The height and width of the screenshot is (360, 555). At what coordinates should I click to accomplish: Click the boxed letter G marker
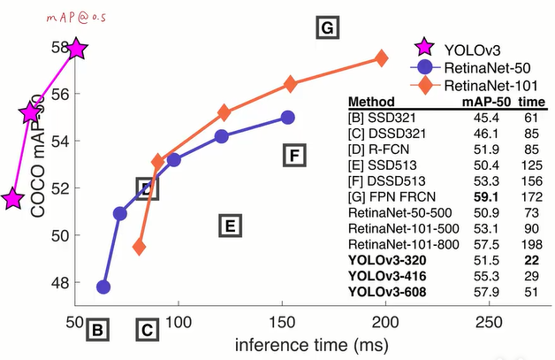pos(327,28)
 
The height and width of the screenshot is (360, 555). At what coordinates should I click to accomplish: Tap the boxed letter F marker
pos(295,157)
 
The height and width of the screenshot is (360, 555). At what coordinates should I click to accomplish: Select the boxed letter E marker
pos(229,226)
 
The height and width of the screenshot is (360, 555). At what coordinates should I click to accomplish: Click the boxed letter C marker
pos(148,332)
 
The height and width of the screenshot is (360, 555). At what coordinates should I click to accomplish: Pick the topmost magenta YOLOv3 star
pos(77,50)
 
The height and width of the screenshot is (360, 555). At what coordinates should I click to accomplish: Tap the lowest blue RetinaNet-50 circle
pos(103,287)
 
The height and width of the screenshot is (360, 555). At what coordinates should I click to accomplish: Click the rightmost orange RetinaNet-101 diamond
pos(382,58)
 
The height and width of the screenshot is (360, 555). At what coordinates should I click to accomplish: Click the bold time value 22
pos(529,259)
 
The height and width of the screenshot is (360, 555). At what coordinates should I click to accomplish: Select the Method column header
pos(371,101)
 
